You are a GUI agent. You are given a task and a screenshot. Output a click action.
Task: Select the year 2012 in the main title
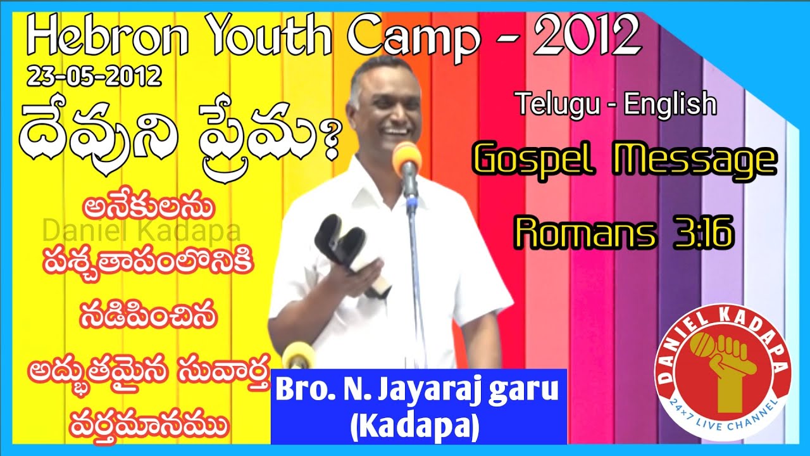click(x=587, y=36)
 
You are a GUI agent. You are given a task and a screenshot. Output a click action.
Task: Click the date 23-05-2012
click(x=94, y=77)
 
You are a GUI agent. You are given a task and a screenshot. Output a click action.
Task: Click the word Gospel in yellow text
click(x=534, y=161)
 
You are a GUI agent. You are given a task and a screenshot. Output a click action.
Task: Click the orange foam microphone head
click(x=407, y=156)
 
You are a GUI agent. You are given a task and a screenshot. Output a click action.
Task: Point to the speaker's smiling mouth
click(x=396, y=132)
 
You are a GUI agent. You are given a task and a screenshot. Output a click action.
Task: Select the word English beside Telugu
click(x=670, y=104)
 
